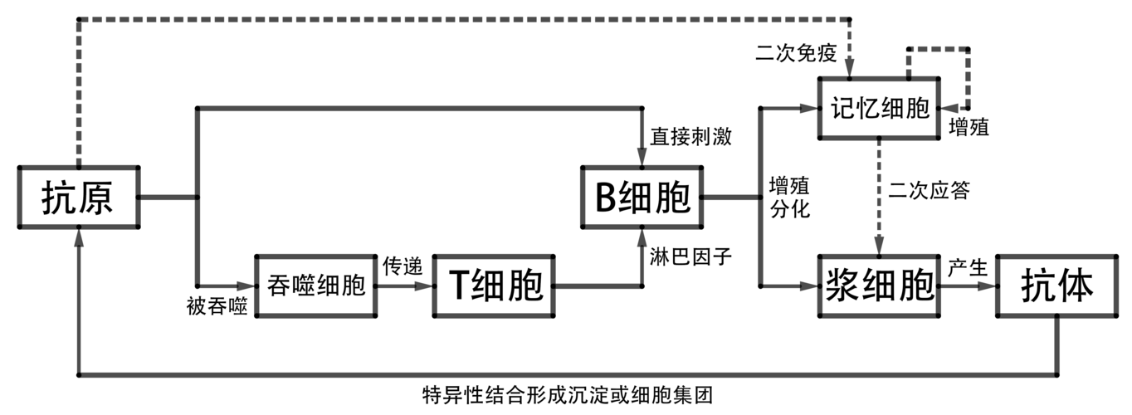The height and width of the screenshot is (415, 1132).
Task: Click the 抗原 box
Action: pos(78,198)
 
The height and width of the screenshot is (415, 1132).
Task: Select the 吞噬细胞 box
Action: pos(315,286)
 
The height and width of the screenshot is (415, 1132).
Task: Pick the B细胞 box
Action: pos(642,198)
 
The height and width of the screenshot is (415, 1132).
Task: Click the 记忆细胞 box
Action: pos(880,109)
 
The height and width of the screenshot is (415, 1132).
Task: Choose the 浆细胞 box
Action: pos(880,286)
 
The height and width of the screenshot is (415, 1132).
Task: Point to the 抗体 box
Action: pos(1056,286)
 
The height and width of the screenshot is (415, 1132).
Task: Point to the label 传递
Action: pos(403,267)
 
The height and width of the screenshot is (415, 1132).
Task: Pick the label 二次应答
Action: pos(929,190)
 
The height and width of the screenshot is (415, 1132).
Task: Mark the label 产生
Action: pos(967,268)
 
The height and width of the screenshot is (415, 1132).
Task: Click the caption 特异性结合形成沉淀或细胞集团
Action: pos(567,394)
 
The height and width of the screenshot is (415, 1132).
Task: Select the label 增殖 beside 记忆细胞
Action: pos(969,129)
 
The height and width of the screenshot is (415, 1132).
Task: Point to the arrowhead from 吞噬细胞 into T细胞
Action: pos(427,286)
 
